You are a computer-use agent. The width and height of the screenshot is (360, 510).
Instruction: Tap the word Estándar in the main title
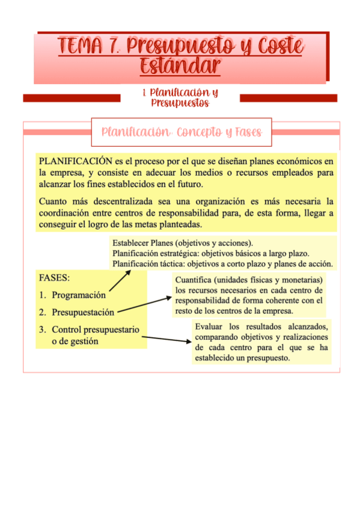(x=180, y=65)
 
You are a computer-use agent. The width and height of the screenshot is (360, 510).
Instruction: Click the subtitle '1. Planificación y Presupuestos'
(x=180, y=97)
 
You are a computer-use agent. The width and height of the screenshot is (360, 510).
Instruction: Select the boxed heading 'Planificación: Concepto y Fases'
(x=182, y=132)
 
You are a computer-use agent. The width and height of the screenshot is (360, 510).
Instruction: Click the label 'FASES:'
(x=54, y=278)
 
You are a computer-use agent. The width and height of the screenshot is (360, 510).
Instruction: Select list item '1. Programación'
(x=72, y=295)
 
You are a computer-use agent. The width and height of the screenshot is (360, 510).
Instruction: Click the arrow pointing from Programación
(x=120, y=281)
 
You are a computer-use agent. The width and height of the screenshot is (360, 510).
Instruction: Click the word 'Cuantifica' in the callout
(x=193, y=280)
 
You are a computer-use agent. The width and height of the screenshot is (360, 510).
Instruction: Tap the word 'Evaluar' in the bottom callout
(x=209, y=327)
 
